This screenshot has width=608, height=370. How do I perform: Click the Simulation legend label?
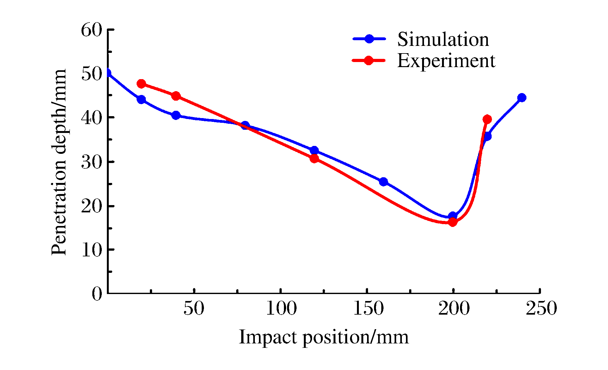[443, 40]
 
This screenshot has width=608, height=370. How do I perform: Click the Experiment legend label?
[446, 60]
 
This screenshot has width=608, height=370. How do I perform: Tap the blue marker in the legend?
[369, 39]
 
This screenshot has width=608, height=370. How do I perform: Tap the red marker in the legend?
[368, 60]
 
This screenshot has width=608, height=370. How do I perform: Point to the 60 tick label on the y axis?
[92, 30]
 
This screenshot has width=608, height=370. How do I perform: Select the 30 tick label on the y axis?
[92, 162]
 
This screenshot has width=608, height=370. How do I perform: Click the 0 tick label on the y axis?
[97, 294]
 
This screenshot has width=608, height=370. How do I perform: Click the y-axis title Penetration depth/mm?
[59, 162]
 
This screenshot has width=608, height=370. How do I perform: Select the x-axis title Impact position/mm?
[323, 337]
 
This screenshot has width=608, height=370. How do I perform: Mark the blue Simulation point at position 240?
[522, 97]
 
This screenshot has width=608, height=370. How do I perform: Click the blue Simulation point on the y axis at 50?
[108, 73]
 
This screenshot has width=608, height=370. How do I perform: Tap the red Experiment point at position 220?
[487, 119]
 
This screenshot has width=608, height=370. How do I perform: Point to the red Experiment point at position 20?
[141, 84]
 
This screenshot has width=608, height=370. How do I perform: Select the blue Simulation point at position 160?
[384, 182]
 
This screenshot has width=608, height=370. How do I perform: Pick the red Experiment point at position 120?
[314, 158]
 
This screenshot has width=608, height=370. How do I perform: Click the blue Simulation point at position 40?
[176, 115]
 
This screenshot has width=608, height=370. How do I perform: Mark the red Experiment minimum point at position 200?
[452, 222]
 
